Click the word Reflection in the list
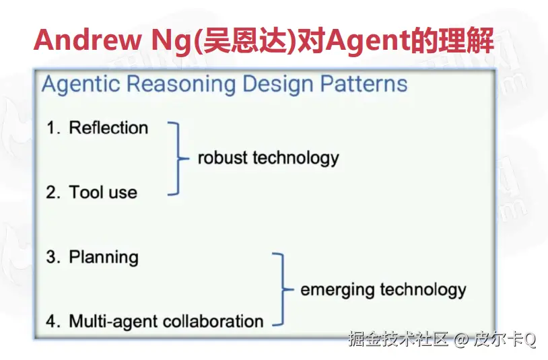click(x=108, y=127)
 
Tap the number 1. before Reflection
click(x=53, y=128)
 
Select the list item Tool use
click(x=103, y=192)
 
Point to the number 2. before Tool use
click(x=53, y=192)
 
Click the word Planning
click(x=104, y=258)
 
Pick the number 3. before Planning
click(x=53, y=257)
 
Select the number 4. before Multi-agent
click(x=53, y=322)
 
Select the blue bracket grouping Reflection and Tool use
click(x=178, y=159)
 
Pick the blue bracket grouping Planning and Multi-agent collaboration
click(x=283, y=289)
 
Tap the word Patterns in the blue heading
click(x=364, y=84)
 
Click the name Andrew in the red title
click(x=87, y=40)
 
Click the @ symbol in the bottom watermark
click(x=461, y=339)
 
